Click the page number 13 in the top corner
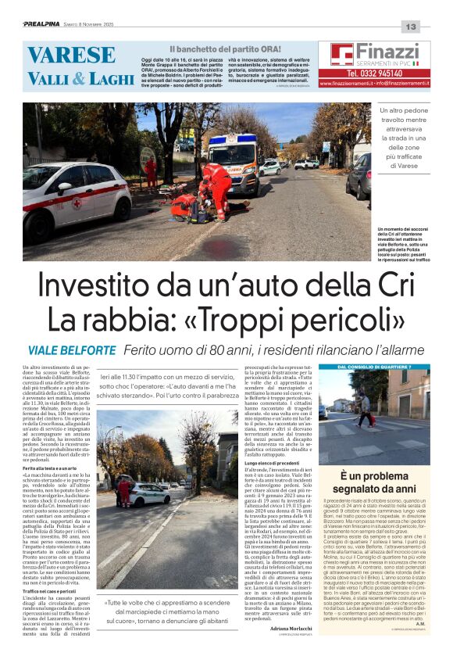point(412,27)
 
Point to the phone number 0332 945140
point(369,73)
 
